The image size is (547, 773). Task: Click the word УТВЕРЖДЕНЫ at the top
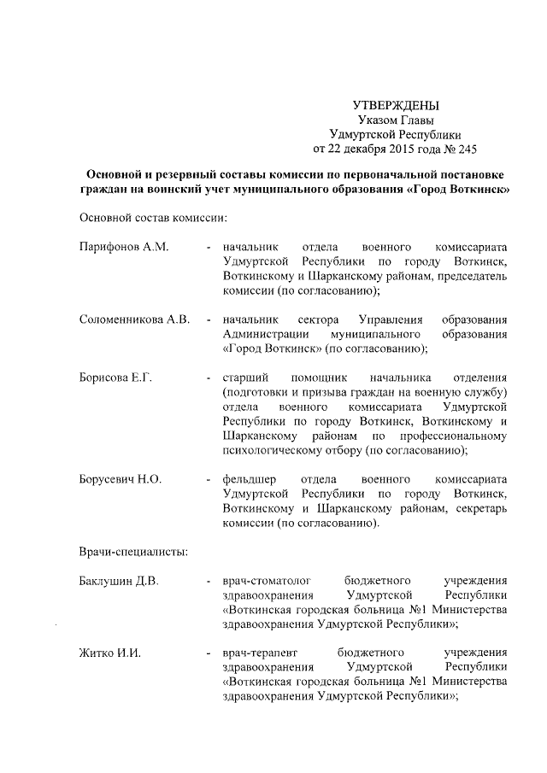coord(396,106)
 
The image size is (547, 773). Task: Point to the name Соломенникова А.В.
coord(133,319)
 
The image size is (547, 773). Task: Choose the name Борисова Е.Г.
coord(115,378)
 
